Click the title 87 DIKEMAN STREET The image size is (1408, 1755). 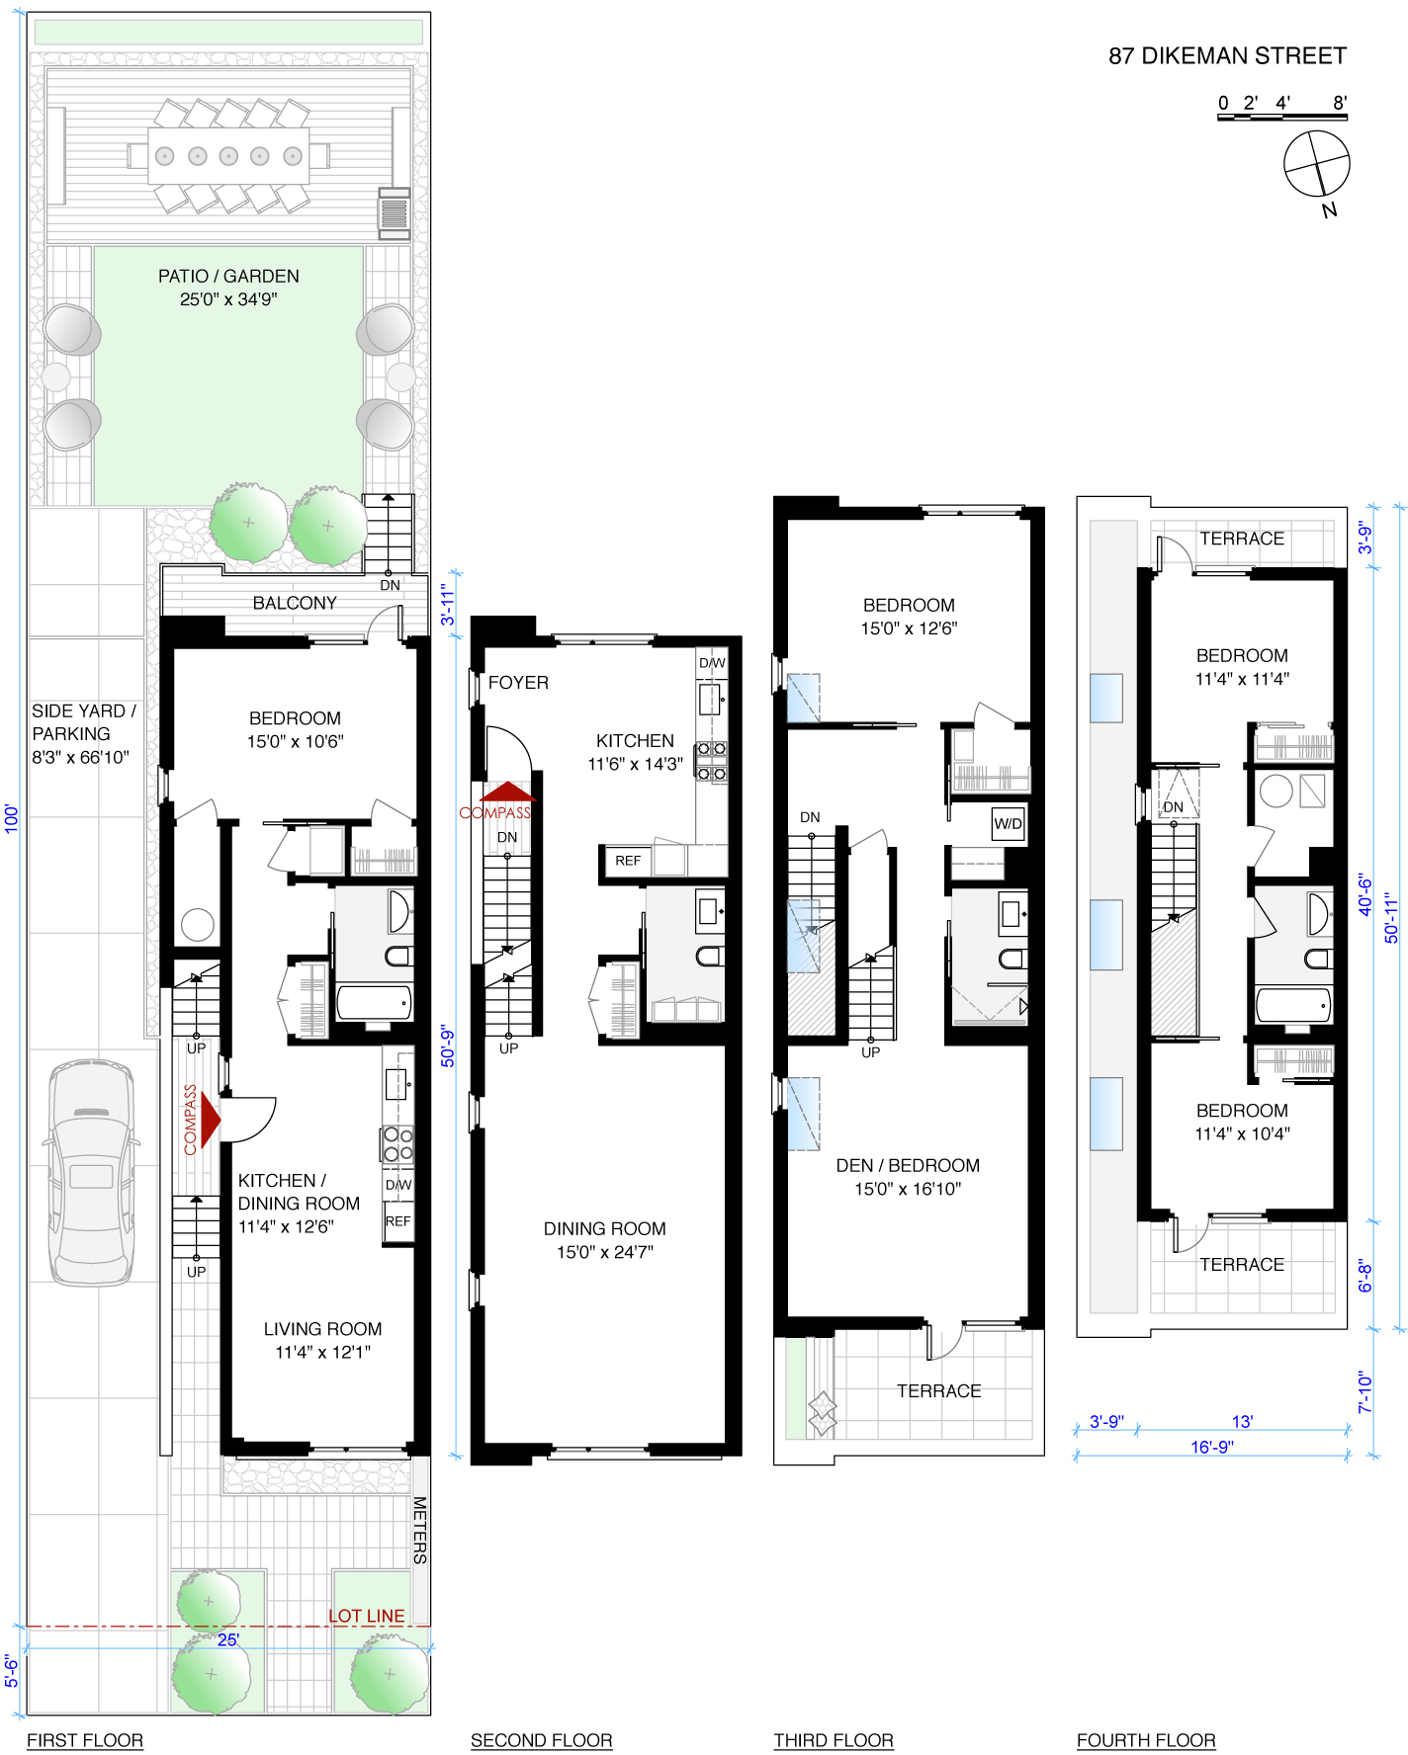1227,56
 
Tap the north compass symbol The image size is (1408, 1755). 1317,163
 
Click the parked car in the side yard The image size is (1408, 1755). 92,1172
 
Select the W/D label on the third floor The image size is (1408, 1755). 1009,823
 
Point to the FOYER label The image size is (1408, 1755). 518,683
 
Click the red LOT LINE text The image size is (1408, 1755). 367,1616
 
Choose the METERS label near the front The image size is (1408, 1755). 420,1530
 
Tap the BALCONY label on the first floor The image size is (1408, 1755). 295,603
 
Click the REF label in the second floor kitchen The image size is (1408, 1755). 628,861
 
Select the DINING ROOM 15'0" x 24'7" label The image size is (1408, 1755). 605,1240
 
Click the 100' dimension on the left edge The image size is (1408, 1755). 12,818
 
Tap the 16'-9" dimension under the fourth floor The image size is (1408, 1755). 1212,1447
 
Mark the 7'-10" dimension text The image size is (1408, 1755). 1365,1391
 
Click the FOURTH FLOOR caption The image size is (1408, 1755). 1146,1740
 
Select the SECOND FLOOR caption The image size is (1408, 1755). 542,1740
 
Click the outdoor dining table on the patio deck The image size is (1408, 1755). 228,155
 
